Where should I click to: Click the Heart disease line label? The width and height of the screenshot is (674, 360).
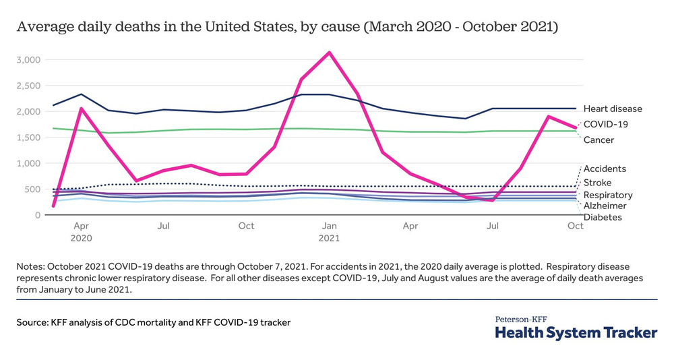click(x=613, y=109)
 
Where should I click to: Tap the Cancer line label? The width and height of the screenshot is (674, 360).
click(x=599, y=140)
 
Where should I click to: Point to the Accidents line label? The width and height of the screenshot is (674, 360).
click(x=605, y=169)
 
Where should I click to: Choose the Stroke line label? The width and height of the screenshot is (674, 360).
click(x=597, y=182)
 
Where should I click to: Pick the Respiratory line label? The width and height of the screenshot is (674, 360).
click(x=608, y=195)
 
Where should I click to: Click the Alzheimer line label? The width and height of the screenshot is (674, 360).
click(x=605, y=206)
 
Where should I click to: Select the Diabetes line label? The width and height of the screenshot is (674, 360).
click(x=603, y=217)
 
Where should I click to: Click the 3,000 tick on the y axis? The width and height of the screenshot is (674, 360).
click(x=28, y=60)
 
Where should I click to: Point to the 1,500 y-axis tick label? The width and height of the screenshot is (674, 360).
click(x=28, y=138)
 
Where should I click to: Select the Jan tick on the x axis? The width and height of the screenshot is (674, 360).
click(x=329, y=227)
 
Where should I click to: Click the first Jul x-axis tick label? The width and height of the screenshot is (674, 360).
click(x=163, y=227)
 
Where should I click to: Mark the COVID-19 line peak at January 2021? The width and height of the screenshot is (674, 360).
click(x=329, y=52)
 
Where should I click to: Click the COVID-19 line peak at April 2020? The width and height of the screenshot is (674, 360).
click(x=81, y=109)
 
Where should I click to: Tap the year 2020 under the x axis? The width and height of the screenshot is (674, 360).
click(x=81, y=238)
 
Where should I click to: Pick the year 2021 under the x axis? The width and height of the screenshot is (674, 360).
click(x=329, y=238)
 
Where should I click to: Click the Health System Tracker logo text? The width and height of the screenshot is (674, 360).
click(x=576, y=333)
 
